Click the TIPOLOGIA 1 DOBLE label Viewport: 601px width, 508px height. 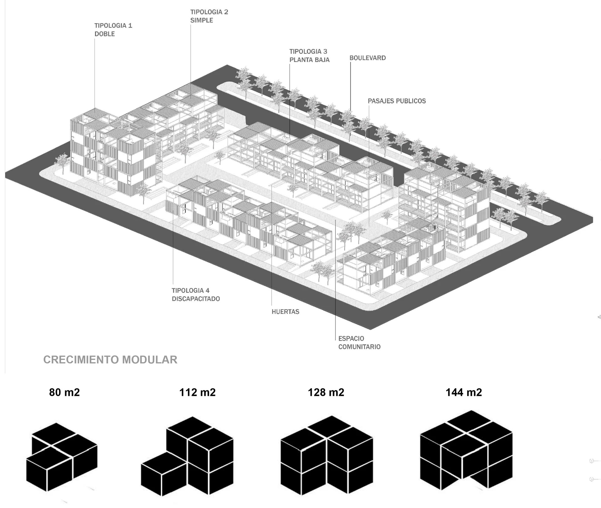click(x=113, y=30)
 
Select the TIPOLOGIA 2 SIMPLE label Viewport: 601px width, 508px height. click(x=209, y=16)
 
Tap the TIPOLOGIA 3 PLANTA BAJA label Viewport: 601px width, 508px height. click(x=309, y=55)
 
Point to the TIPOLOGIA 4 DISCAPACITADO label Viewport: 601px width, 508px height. click(x=196, y=295)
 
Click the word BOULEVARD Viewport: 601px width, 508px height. click(x=367, y=58)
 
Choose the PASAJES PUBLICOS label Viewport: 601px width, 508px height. click(x=397, y=101)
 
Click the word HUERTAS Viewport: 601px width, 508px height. click(x=285, y=312)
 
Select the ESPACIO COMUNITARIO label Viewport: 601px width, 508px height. click(x=359, y=343)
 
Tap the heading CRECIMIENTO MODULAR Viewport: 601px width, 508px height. click(x=110, y=360)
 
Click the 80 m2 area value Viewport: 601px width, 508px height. click(x=64, y=392)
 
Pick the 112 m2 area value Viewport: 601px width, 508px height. click(x=197, y=392)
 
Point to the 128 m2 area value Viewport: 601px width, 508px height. click(x=326, y=392)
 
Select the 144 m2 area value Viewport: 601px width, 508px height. click(x=464, y=392)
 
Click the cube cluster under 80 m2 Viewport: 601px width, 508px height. click(x=62, y=457)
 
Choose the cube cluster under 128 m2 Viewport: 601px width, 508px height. click(x=326, y=456)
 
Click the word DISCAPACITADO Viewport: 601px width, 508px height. click(x=196, y=299)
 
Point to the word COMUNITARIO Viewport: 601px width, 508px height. click(x=359, y=347)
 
